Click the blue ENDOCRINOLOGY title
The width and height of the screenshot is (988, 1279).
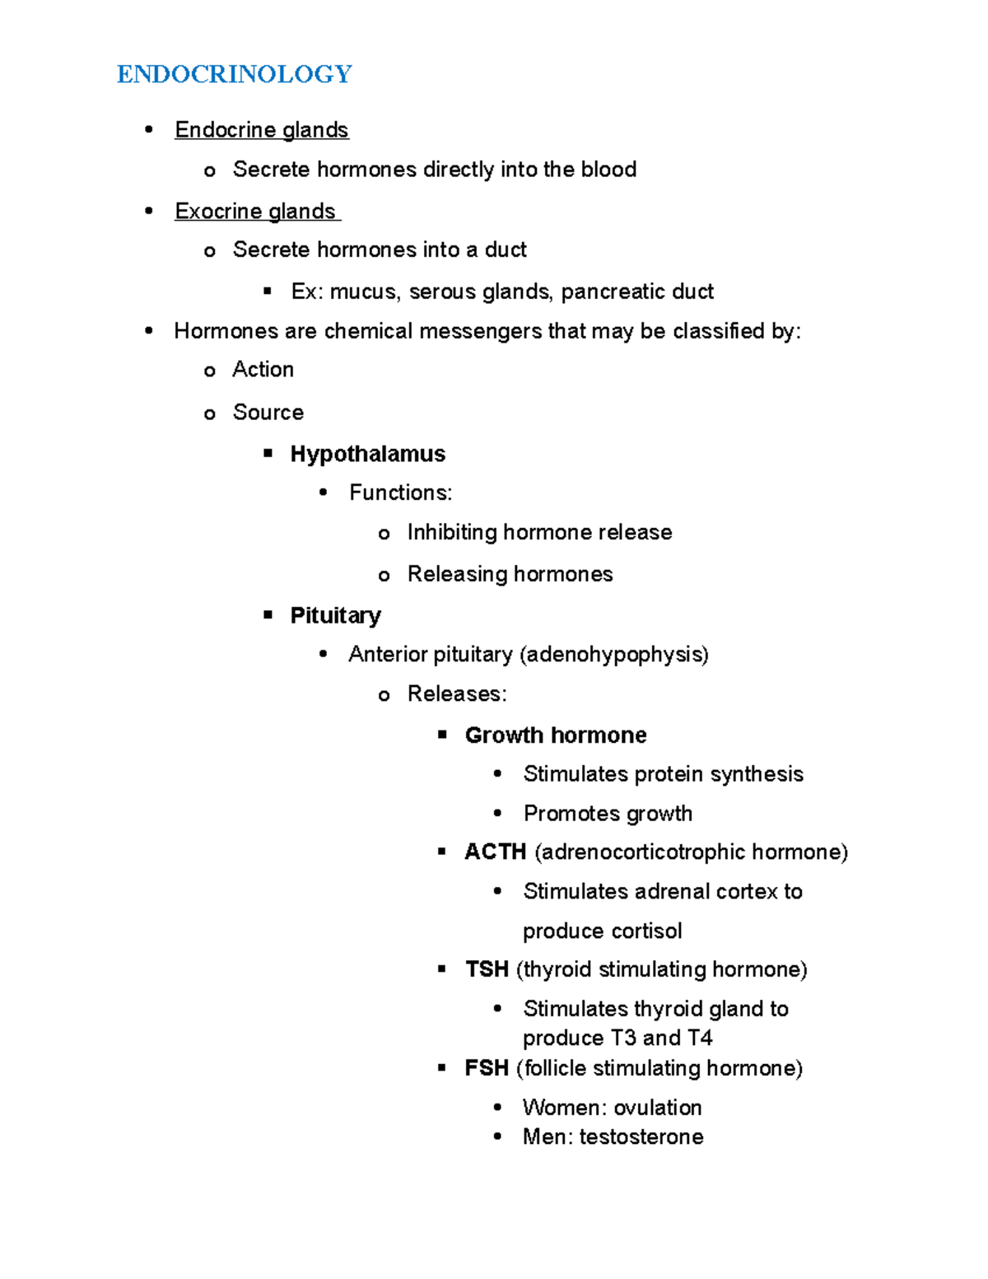(x=234, y=74)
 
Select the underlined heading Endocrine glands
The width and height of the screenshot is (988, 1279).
(x=261, y=130)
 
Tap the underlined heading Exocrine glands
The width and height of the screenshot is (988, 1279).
(x=255, y=212)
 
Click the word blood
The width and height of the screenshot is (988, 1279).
(x=608, y=170)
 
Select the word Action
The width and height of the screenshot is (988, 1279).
(x=263, y=370)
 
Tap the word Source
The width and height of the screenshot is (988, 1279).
(x=268, y=413)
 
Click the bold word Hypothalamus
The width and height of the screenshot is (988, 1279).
(x=367, y=454)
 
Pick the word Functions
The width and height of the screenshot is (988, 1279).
(x=398, y=492)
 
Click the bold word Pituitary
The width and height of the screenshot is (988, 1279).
(x=335, y=615)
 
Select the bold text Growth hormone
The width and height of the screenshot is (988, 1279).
(x=556, y=735)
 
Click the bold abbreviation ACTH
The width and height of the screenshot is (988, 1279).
(x=495, y=852)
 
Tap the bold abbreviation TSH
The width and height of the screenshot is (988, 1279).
(x=487, y=969)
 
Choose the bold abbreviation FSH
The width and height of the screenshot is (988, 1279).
(x=487, y=1068)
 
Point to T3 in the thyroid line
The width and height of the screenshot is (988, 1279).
(x=623, y=1038)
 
